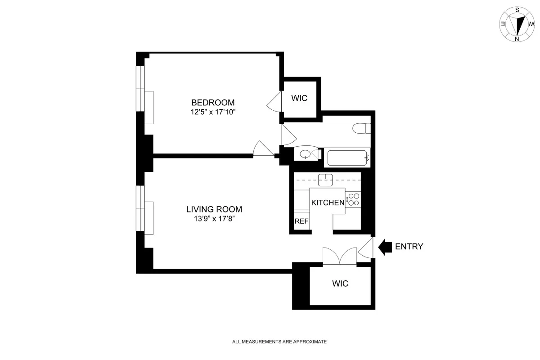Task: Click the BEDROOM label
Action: click(x=213, y=102)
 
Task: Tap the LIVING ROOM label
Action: click(x=214, y=209)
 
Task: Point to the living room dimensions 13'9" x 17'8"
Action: click(x=214, y=219)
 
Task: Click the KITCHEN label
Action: click(x=328, y=203)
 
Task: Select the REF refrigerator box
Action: click(x=301, y=221)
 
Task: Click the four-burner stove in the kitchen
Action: click(x=353, y=199)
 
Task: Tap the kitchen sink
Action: click(x=325, y=180)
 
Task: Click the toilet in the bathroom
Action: click(x=362, y=129)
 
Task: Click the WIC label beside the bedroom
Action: click(x=299, y=98)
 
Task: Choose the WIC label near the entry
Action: click(x=340, y=284)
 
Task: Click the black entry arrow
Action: click(x=385, y=247)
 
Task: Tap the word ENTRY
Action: click(x=409, y=247)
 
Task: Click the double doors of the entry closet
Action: click(x=340, y=256)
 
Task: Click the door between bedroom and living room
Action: click(x=263, y=149)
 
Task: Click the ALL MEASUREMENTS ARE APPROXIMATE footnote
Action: click(x=279, y=342)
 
